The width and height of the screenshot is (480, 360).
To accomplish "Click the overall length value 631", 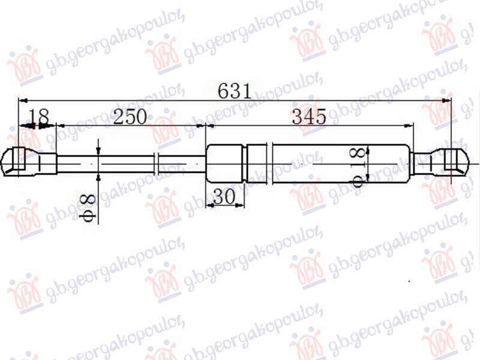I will pos(234,92).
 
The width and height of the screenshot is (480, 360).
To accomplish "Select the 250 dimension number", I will pos(130,117).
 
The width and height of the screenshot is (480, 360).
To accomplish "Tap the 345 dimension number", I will pos(309,117).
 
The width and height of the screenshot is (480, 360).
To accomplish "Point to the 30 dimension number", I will pos(223,197).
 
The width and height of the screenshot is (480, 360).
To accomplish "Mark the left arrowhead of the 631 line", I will pos(24,100).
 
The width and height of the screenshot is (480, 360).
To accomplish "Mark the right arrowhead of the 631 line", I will pos(447,100).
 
